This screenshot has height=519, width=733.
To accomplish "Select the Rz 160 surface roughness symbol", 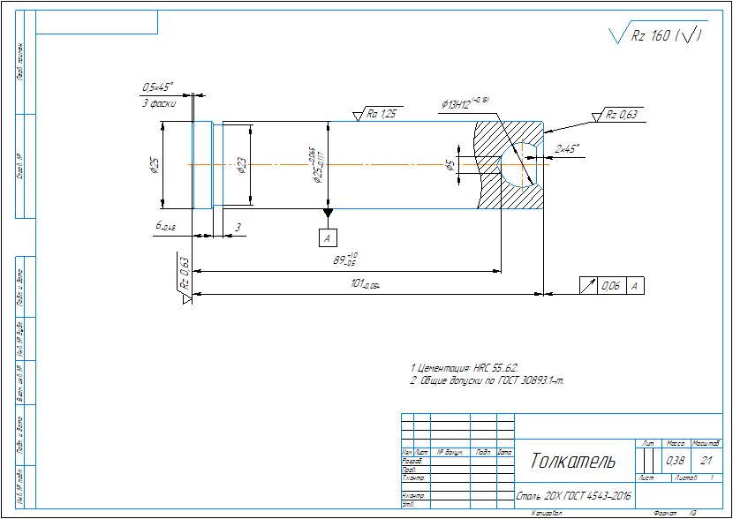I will tap(658, 36).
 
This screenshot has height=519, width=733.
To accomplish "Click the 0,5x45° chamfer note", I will tap(158, 87).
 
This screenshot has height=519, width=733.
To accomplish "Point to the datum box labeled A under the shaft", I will tap(328, 238).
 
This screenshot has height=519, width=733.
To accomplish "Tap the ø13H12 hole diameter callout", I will tap(465, 105).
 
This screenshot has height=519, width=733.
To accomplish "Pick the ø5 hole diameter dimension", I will tap(450, 165).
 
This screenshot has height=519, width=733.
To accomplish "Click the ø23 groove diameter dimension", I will tap(241, 165).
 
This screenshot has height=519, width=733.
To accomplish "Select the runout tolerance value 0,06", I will tap(610, 286).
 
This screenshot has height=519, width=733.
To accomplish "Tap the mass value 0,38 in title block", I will tap(675, 461).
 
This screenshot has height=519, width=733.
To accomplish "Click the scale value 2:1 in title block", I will tap(706, 461).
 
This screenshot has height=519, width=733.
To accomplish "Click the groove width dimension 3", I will tap(238, 227).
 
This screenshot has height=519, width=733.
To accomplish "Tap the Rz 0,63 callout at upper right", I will tap(622, 115).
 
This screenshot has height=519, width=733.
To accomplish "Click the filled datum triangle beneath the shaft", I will tap(328, 213).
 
